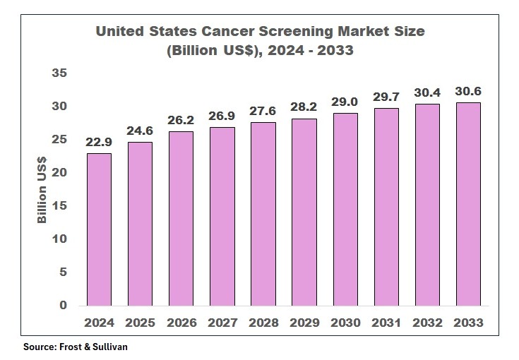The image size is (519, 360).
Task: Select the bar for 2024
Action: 99,229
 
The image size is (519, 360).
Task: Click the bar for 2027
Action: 222,216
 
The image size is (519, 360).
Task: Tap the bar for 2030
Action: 345,209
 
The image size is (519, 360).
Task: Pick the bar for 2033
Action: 468,204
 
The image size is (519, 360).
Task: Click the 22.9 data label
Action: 99,142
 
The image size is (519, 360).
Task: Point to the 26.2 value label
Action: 181,120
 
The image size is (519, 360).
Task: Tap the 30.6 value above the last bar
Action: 468,91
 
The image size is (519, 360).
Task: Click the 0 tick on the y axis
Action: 64,306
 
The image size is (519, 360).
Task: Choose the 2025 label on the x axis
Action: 140,323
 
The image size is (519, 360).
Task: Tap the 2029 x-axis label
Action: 304,323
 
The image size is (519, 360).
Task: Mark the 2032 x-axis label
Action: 427,323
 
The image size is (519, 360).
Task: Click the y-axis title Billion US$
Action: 42,189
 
